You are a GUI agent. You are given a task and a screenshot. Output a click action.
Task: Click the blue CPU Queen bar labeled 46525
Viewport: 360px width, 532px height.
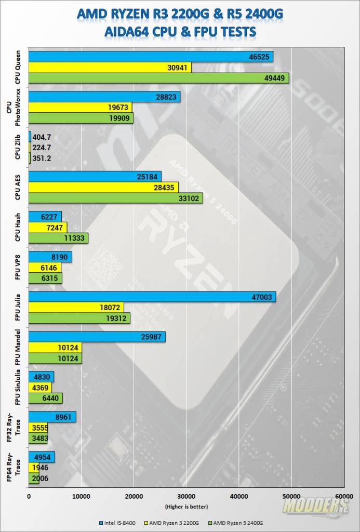pos(151,57)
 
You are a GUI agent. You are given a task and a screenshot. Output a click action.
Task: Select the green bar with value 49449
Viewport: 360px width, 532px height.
pos(158,78)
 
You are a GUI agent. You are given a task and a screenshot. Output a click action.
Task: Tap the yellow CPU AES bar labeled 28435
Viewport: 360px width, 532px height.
pos(103,187)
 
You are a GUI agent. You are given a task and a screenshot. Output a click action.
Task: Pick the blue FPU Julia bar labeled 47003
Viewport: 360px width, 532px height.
pos(152,297)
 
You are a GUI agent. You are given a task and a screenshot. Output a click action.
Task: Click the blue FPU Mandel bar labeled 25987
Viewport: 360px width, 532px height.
pos(97,337)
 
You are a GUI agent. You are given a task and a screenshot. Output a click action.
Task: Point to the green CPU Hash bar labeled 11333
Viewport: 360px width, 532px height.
pos(58,238)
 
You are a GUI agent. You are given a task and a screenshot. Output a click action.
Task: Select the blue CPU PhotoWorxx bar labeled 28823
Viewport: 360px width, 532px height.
pos(104,97)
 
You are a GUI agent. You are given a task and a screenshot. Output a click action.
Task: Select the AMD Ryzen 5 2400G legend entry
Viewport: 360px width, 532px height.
pos(239,523)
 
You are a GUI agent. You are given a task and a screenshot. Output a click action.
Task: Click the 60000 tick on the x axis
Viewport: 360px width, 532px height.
pos(343,497)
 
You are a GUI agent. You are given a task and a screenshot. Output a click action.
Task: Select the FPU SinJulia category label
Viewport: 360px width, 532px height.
pos(17,388)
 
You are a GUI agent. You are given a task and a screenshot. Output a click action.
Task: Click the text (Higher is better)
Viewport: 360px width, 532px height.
pos(186,507)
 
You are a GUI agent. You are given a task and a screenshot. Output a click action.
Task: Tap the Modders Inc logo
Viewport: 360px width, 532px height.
pos(315,506)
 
